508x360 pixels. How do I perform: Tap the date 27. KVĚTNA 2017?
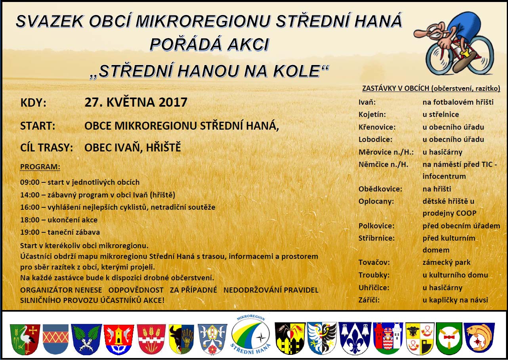[136, 102]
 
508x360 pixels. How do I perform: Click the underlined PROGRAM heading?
[40, 167]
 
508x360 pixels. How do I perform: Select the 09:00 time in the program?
[30, 182]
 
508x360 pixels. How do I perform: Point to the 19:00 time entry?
[30, 232]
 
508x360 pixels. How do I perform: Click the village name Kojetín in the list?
[372, 114]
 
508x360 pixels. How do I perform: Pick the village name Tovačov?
[374, 262]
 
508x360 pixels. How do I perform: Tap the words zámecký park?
[446, 262]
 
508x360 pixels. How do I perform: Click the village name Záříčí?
[369, 300]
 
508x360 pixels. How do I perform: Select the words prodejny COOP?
[449, 213]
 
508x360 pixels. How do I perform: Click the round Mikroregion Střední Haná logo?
[250, 334]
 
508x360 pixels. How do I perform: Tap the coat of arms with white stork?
[25, 339]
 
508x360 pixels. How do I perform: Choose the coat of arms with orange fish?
[479, 339]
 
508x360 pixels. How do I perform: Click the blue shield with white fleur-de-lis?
[355, 338]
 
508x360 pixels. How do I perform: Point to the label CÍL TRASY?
[46, 147]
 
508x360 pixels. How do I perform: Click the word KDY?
[33, 103]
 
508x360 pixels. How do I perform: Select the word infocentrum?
[444, 176]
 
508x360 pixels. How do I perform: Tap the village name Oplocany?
[376, 201]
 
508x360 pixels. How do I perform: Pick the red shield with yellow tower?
[118, 339]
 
